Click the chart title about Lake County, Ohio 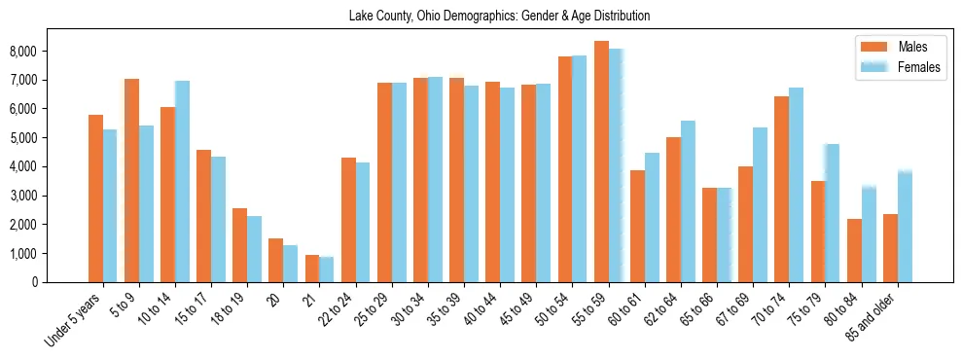(499, 17)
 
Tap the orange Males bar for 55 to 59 (601, 162)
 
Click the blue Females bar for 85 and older (905, 226)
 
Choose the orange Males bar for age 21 (312, 269)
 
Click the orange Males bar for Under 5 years (95, 198)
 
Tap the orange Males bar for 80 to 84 (854, 250)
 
